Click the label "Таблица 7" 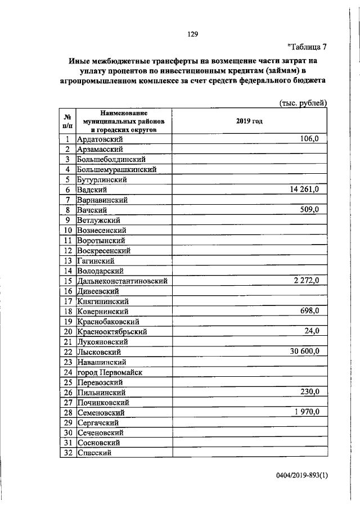click(306, 47)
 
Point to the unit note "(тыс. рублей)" click(303, 102)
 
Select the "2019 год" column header click(249, 121)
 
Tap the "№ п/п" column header click(67, 121)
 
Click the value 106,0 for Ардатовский click(309, 138)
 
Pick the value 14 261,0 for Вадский click(304, 189)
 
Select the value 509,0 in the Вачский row click(309, 209)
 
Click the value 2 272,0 click(306, 280)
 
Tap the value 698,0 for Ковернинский click(309, 310)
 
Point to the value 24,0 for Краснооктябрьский click(311, 331)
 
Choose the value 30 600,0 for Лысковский click(304, 351)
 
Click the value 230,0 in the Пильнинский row click(309, 391)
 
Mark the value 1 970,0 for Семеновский click(306, 412)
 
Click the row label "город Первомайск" click(110, 372)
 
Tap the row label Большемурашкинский click(116, 169)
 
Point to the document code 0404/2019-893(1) click(301, 490)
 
